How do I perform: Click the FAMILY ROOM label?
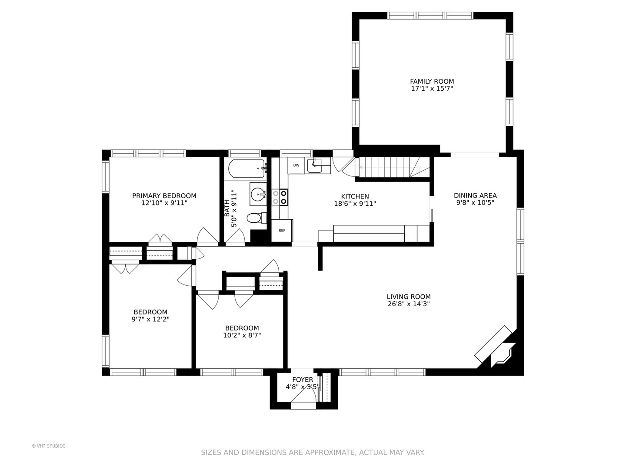(x=432, y=82)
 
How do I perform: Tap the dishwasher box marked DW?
(x=296, y=165)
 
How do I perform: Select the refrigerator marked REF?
(x=282, y=231)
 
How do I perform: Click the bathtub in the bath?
(x=247, y=168)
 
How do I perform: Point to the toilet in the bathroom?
(x=256, y=218)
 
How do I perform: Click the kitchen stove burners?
(x=280, y=197)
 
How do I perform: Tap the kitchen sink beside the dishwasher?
(x=315, y=166)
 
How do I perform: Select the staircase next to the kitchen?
(x=393, y=167)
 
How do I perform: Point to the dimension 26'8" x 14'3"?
(x=409, y=304)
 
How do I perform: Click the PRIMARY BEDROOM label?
(x=164, y=196)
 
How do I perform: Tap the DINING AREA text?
(x=475, y=195)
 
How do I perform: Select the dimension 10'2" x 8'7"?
(x=242, y=335)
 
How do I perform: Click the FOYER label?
(x=303, y=380)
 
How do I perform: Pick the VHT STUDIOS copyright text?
(x=49, y=446)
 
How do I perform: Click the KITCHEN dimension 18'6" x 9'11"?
(x=355, y=204)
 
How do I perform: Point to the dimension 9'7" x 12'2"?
(x=150, y=319)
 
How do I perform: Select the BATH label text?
(x=227, y=208)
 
